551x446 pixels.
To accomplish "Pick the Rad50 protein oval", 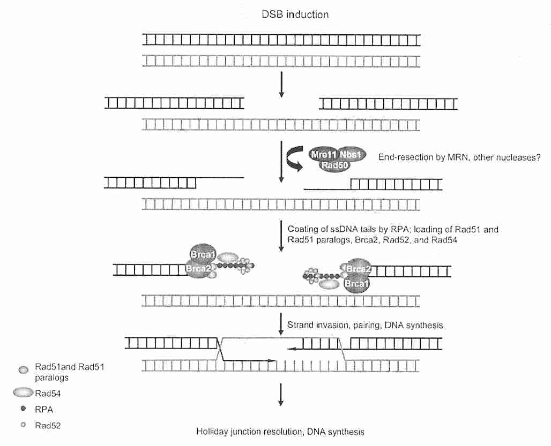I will (336, 167).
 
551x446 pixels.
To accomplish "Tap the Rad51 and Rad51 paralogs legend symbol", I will (23, 369).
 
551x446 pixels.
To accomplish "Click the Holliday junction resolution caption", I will (280, 430).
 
